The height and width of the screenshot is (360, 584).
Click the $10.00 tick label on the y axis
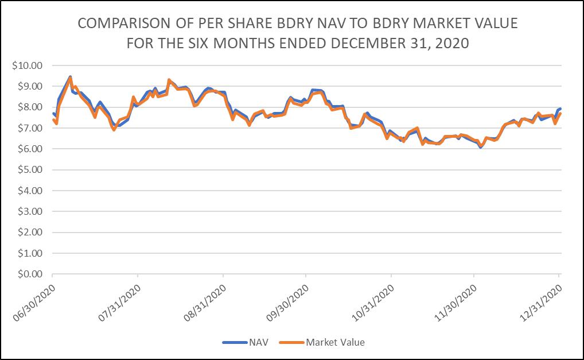tap(27, 65)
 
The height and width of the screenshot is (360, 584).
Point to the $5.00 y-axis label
tap(30, 170)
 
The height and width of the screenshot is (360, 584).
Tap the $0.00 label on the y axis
tap(30, 274)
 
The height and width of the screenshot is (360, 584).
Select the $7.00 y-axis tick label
tap(30, 128)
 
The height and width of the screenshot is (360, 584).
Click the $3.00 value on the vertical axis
tap(30, 212)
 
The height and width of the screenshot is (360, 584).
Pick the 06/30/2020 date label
tap(34, 303)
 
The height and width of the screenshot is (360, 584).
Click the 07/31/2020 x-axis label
tap(119, 303)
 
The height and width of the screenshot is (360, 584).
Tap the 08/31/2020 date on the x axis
tap(205, 303)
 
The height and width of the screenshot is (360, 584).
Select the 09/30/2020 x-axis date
tap(287, 303)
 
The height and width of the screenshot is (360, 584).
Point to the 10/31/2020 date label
tap(373, 303)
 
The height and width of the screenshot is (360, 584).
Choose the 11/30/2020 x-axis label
tap(455, 303)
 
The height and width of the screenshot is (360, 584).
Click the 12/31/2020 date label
tap(541, 303)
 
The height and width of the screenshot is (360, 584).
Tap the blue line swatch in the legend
tap(235, 342)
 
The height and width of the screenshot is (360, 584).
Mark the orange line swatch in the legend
tap(291, 342)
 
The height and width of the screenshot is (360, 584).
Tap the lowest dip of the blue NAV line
tap(481, 147)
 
